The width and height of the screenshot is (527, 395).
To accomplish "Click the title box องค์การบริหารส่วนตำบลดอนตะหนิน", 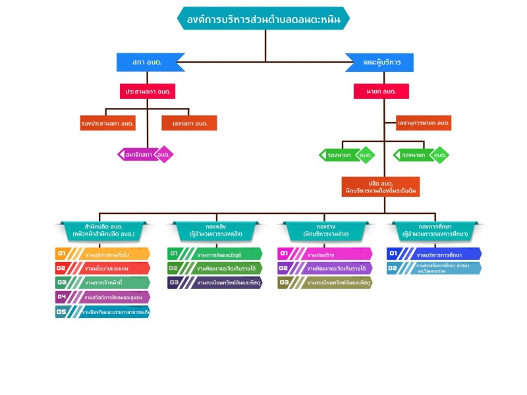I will (263, 18).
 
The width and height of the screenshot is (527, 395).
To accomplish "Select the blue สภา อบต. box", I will (148, 62).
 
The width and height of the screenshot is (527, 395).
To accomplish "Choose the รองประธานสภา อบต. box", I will (108, 123).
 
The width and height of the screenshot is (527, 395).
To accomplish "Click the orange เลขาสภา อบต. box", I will (189, 123).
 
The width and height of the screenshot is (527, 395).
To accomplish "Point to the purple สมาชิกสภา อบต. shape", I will (145, 155).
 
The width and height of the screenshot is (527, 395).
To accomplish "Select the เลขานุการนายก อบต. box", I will (423, 123).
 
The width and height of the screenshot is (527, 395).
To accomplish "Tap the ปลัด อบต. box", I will (381, 187).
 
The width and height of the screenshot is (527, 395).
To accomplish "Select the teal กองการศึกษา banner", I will (434, 230).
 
